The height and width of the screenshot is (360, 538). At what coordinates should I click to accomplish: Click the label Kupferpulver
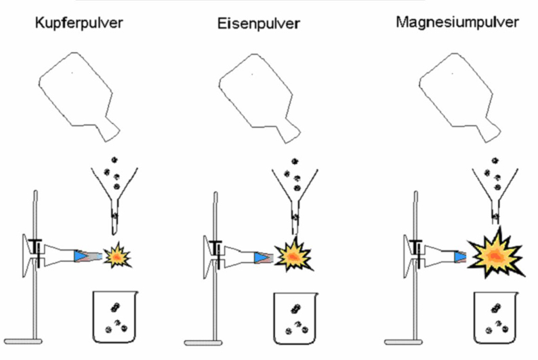[79, 23]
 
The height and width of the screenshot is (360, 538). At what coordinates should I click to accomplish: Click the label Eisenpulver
[259, 24]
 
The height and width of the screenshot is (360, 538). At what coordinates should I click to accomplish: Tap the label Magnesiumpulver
[457, 22]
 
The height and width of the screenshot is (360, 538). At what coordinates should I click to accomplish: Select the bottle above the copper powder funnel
[79, 97]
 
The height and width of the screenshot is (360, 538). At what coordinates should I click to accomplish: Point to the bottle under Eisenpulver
[260, 98]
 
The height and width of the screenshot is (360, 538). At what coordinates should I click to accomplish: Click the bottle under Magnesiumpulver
[460, 98]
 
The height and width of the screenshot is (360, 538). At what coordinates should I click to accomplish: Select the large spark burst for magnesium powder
[496, 254]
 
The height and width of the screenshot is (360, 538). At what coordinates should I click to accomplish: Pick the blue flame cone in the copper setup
[81, 256]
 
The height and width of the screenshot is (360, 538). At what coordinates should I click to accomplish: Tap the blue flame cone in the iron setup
[261, 258]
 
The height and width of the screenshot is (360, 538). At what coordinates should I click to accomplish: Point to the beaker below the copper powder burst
[115, 317]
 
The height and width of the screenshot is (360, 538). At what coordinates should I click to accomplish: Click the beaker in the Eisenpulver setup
[295, 319]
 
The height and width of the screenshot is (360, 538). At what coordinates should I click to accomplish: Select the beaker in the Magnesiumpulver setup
[496, 318]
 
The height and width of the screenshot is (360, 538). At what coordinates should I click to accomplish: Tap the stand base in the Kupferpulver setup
[23, 342]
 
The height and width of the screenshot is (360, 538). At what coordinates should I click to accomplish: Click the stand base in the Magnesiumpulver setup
[404, 342]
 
